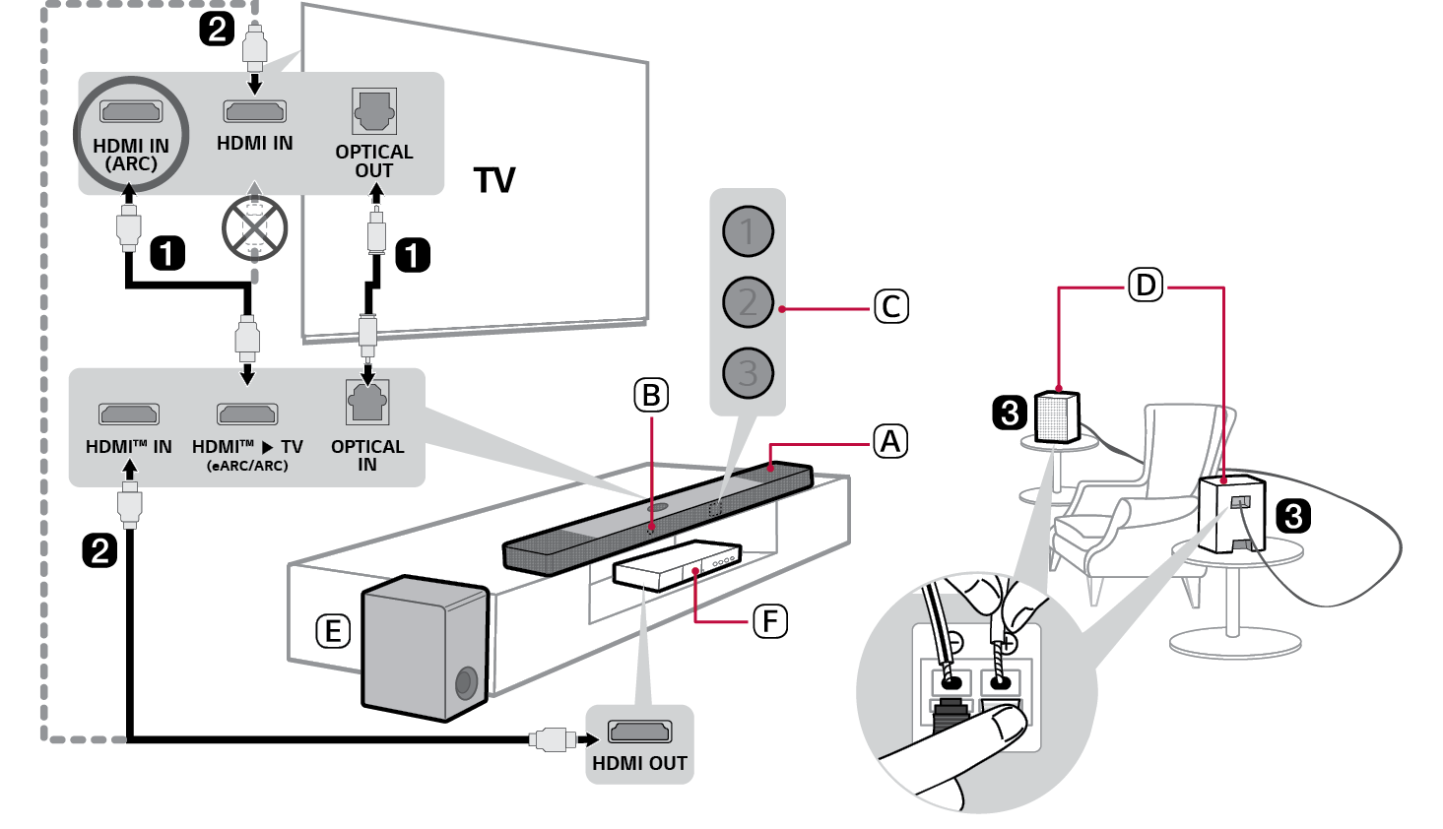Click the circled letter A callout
890,441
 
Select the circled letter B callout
650,395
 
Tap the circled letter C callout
890,306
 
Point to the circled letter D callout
1145,286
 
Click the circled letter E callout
333,631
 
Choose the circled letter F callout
769,621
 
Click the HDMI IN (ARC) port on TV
131,111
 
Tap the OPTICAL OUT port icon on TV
374,111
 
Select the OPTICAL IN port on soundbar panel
367,403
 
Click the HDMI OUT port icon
639,732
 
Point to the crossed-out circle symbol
254,228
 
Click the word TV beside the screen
494,181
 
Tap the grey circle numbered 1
748,231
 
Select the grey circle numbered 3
748,373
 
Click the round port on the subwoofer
466,682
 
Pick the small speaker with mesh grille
1058,416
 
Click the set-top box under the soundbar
678,565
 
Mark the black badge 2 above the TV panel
217,28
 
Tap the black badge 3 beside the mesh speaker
1010,412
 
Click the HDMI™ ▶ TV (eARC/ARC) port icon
247,414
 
